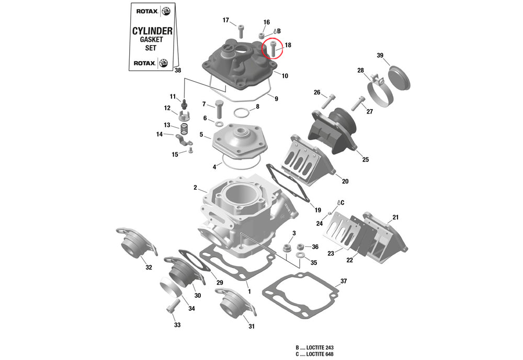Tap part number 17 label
tap(226, 20)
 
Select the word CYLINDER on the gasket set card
tap(152, 31)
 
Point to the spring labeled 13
tap(184, 128)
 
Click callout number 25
tap(365, 159)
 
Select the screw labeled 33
tap(172, 306)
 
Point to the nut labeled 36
tap(300, 246)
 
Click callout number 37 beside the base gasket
tap(343, 281)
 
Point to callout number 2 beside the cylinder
tap(195, 187)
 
